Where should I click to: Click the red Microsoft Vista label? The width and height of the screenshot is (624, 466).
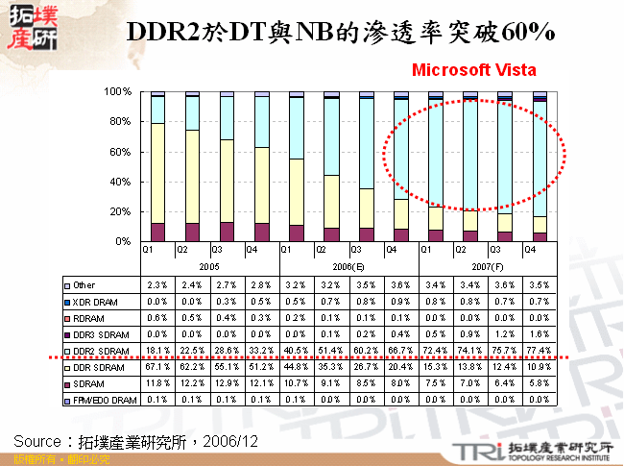pos(473,70)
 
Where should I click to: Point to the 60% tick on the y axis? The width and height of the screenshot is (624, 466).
pos(119,152)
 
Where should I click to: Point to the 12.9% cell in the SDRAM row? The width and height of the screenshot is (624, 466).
pos(227,383)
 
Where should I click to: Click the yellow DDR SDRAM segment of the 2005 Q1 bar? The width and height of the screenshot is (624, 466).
pos(157,173)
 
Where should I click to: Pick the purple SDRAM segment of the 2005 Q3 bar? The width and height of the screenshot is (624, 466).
pos(227,232)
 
